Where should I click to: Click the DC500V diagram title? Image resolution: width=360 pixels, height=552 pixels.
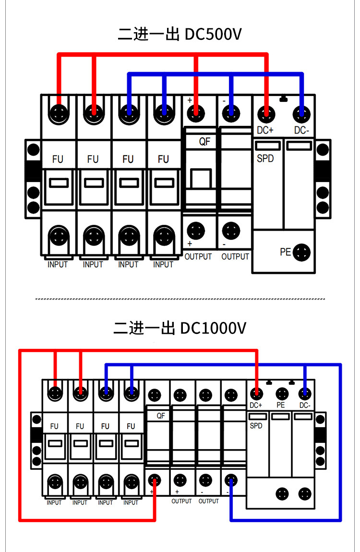point(180,34)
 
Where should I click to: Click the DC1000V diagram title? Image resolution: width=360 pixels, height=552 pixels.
point(180,328)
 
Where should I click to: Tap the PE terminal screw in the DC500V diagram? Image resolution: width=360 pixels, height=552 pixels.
point(301,252)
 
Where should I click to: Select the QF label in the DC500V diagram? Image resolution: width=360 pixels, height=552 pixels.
point(204,142)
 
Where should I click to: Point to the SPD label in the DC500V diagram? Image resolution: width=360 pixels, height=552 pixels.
point(265,159)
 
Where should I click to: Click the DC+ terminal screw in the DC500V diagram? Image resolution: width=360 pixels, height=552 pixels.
point(266,114)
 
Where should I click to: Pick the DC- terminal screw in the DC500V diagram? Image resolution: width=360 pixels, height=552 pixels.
point(301,114)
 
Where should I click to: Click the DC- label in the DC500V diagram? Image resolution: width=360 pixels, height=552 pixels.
point(301,130)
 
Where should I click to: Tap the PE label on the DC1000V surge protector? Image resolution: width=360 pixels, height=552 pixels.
point(280,405)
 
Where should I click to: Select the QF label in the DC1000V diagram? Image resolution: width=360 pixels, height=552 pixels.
point(161,416)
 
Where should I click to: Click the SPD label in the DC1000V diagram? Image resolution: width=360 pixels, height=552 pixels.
point(256,426)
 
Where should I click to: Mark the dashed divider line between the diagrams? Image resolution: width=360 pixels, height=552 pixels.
point(180,299)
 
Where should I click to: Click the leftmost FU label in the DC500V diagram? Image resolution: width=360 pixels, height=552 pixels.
point(58,159)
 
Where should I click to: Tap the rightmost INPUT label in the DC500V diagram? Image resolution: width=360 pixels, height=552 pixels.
point(163,264)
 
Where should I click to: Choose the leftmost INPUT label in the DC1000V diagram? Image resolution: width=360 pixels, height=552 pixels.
point(54,503)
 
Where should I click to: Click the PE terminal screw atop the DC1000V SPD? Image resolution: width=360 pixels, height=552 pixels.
point(282,394)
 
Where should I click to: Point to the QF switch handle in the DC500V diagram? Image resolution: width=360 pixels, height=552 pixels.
point(201,179)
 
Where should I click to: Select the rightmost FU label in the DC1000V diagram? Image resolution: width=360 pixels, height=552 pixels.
point(131,426)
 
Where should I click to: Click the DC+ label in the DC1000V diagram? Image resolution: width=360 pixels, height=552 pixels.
point(256,405)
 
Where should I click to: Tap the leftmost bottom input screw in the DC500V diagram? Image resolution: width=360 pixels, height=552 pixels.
point(59,236)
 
